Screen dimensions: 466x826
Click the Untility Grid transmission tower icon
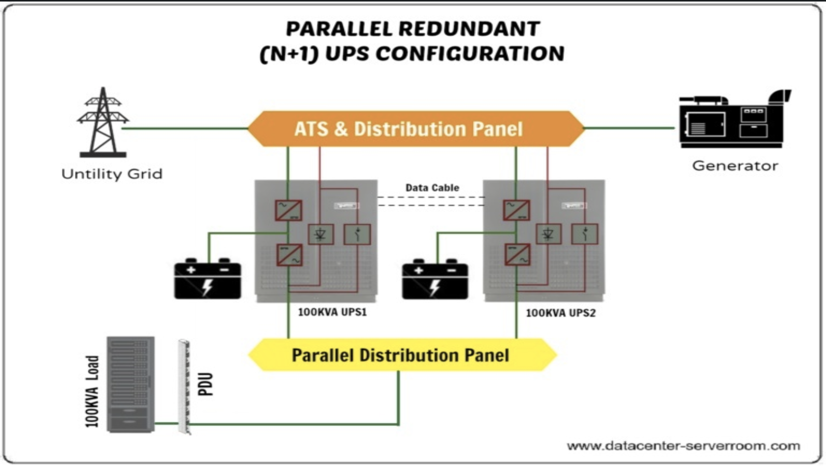(x=103, y=123)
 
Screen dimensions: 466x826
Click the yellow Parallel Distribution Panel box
(x=401, y=355)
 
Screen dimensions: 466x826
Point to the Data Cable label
(x=432, y=188)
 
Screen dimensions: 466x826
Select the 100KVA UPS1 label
(x=332, y=312)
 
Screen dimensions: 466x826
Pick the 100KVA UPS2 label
(x=560, y=313)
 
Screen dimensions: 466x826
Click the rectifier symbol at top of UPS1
(x=289, y=210)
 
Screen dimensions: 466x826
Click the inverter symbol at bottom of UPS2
(x=517, y=255)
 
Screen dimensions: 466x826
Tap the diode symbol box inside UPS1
(x=321, y=235)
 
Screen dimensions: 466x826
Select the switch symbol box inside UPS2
(x=585, y=234)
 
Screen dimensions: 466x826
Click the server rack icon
(x=131, y=384)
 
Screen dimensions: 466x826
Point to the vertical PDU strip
(x=184, y=387)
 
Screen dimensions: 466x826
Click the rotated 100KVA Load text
(x=92, y=391)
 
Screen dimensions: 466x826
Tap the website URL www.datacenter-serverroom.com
(x=683, y=446)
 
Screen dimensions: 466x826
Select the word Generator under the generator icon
(x=735, y=166)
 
